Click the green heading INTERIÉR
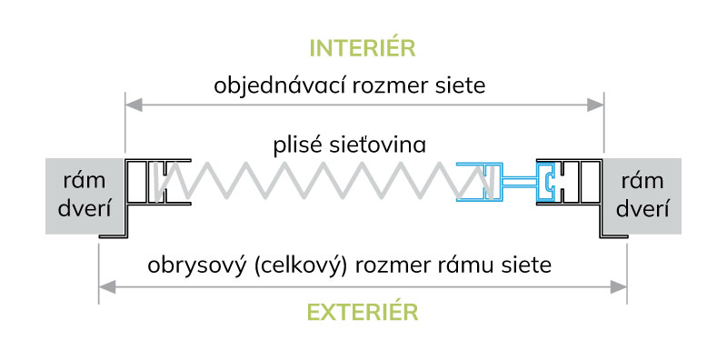[363, 48]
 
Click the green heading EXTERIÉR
[363, 312]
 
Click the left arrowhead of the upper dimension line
[132, 105]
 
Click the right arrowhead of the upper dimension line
[595, 105]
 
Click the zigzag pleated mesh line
[318, 183]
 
